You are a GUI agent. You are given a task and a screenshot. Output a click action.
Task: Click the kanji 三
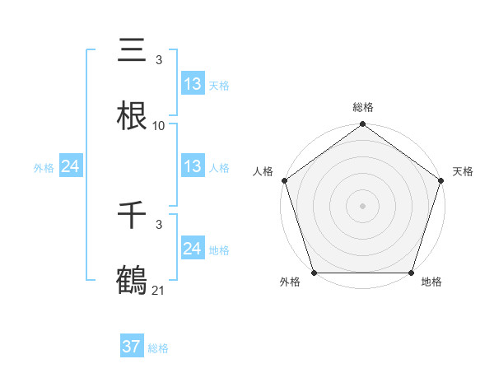click(132, 51)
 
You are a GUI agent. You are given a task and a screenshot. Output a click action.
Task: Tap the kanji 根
click(132, 116)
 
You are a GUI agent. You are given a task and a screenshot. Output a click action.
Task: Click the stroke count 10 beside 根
click(159, 126)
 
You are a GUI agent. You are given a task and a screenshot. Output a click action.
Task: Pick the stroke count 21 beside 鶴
click(159, 290)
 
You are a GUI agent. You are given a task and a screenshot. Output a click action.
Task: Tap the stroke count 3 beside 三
click(159, 61)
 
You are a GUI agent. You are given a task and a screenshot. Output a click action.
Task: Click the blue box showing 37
click(132, 347)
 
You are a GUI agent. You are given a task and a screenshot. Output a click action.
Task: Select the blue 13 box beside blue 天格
click(193, 84)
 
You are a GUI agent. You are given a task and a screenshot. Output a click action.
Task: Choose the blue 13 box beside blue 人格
click(193, 166)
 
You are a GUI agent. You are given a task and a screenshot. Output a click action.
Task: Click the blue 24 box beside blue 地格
click(193, 249)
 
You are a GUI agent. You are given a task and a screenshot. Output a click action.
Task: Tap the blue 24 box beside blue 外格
click(71, 166)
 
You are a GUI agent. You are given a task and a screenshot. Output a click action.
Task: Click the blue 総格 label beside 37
click(158, 348)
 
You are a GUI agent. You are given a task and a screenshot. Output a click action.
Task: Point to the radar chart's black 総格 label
click(363, 107)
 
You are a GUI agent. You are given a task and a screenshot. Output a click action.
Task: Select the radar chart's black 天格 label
click(464, 171)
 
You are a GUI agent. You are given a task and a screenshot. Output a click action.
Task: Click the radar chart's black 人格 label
click(263, 171)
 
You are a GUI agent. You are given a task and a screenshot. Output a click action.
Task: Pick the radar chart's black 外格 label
click(290, 282)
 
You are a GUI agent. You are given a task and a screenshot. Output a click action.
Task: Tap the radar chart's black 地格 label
click(431, 282)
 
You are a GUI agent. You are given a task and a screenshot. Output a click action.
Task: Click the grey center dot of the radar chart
click(363, 205)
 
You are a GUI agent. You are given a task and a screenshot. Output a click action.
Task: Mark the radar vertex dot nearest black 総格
click(363, 125)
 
